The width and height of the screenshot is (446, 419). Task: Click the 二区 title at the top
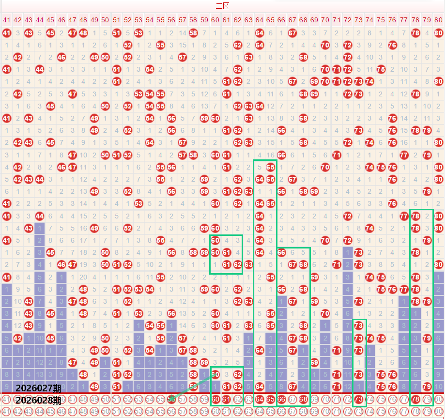click(x=222, y=6)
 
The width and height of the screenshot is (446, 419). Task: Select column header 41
click(x=6, y=20)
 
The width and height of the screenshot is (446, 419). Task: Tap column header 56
click(x=171, y=20)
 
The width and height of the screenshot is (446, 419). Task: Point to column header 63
click(x=248, y=20)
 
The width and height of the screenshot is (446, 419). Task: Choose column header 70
click(x=325, y=20)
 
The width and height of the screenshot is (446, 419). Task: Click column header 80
click(x=438, y=20)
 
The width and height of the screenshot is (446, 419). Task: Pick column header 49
click(x=94, y=20)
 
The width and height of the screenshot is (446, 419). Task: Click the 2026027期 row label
click(x=38, y=389)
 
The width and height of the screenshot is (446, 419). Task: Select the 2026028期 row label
click(x=38, y=400)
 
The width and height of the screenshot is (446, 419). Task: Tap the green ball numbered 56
click(x=171, y=399)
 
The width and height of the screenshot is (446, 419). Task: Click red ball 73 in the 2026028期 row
click(x=358, y=399)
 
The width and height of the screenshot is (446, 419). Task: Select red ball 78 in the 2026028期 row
click(x=415, y=399)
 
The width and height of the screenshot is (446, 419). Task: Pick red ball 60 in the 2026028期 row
click(x=215, y=399)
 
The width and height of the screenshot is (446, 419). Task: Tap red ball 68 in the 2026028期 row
click(x=303, y=399)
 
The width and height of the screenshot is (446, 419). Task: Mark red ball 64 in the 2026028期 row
click(x=259, y=399)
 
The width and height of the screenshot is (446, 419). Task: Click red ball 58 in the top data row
click(x=193, y=33)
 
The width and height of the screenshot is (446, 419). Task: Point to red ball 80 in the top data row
click(x=438, y=33)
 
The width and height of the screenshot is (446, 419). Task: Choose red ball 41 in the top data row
click(x=6, y=33)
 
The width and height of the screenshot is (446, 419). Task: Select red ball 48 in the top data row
click(x=83, y=33)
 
